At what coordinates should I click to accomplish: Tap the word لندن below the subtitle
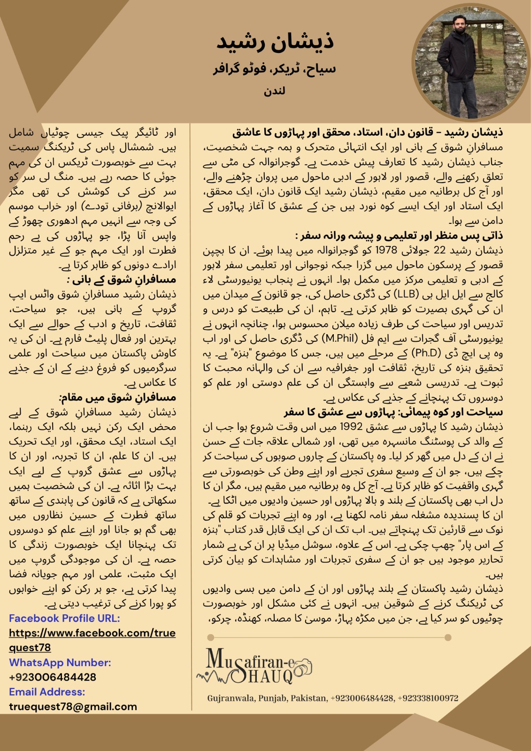tap(274, 91)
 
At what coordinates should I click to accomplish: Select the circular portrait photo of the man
tap(470, 65)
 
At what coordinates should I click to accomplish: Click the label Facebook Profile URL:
tap(64, 618)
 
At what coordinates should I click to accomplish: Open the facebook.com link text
tap(92, 633)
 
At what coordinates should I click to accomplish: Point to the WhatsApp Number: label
tap(60, 662)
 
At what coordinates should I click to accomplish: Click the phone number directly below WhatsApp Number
tap(53, 677)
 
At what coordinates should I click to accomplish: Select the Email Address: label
tap(47, 692)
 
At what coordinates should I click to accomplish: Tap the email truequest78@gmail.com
tap(73, 706)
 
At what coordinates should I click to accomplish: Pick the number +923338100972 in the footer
tap(428, 698)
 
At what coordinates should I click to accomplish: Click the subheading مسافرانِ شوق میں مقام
tap(118, 398)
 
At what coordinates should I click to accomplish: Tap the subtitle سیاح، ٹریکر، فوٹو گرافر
tap(274, 69)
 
